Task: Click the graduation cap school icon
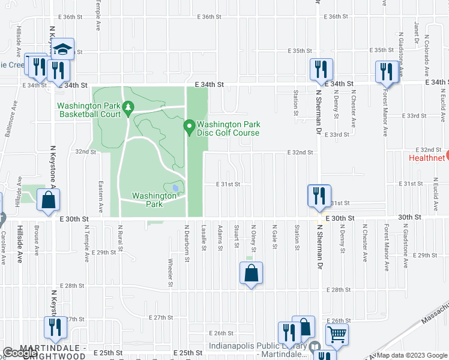pos(62,49)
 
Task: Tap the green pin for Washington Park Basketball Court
pos(127,108)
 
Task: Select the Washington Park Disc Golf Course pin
pos(189,127)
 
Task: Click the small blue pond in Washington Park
pos(175,188)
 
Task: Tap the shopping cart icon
pos(337,335)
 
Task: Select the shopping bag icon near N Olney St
pos(252,274)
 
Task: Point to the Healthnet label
pos(426,158)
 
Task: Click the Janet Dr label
pos(415,34)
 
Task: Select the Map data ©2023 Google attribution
pos(412,355)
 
